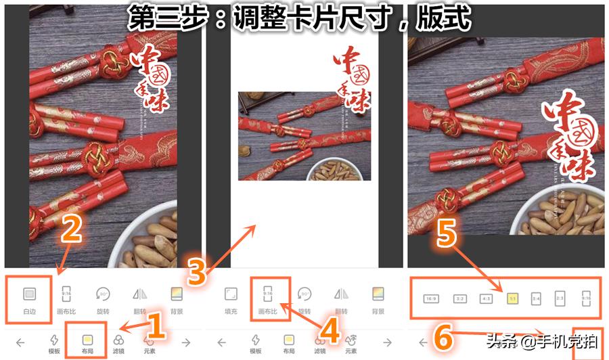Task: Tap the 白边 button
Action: point(29,298)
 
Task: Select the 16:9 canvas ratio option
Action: point(430,298)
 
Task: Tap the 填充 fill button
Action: point(231,298)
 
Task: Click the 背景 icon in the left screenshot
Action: point(177,298)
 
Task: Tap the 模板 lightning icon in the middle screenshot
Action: point(255,342)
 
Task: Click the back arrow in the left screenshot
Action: point(20,343)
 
